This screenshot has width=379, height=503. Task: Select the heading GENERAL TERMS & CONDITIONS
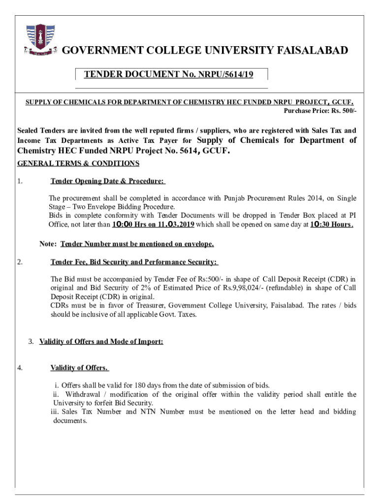point(78,163)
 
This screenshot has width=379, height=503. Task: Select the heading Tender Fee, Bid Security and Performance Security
point(134,262)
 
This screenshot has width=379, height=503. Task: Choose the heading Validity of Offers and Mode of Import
point(101,341)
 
